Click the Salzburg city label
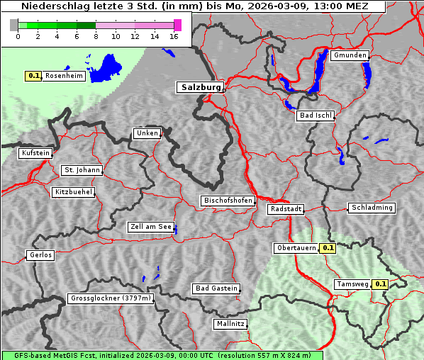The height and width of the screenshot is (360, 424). (200, 87)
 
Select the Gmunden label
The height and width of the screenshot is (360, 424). (350, 55)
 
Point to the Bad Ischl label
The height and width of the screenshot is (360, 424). (315, 116)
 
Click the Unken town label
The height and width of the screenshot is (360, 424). (146, 133)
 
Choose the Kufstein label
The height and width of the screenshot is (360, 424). (35, 153)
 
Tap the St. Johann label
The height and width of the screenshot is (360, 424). (82, 170)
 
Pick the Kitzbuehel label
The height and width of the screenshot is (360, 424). (73, 192)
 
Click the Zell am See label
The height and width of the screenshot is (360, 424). (151, 227)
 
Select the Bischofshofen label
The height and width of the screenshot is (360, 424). (228, 201)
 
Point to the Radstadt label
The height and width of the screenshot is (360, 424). (286, 209)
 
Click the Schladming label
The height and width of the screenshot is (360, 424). (371, 208)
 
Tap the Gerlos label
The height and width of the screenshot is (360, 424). (40, 255)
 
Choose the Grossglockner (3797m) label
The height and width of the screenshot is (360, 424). (111, 298)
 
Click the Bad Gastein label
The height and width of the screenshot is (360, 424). (216, 288)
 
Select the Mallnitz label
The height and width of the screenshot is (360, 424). (230, 324)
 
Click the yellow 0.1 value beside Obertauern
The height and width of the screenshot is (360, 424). (328, 248)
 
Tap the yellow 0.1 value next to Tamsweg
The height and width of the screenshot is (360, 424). (381, 284)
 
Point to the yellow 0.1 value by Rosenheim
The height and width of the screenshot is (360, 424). (33, 75)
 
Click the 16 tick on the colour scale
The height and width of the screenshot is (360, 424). (174, 36)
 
